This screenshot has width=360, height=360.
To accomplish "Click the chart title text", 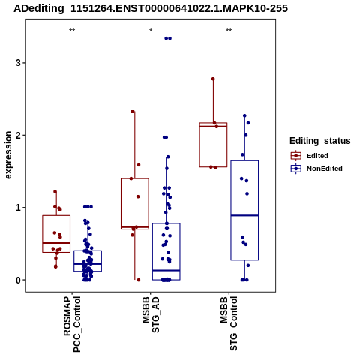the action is [151, 8].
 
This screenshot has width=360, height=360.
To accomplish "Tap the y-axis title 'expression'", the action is [8, 155].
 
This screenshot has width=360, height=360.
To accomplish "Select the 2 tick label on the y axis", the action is [18, 135].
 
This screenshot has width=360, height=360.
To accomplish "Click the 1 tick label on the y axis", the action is [18, 208].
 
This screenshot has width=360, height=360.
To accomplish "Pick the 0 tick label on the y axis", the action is [18, 280].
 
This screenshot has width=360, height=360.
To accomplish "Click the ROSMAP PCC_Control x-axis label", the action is [72, 324].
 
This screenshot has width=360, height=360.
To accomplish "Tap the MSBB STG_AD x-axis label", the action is [151, 315].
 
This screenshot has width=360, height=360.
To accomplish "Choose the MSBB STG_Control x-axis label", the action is [229, 323].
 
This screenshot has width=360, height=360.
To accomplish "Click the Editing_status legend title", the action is [320, 141].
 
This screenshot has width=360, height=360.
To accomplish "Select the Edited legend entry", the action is [310, 156].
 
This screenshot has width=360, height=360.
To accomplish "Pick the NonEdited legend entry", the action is [316, 169].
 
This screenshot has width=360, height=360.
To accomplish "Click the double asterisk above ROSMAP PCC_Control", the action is [72, 31].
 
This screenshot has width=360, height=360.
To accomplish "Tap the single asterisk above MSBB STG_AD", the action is [151, 31].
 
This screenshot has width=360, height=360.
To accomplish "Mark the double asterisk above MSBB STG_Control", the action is [229, 31].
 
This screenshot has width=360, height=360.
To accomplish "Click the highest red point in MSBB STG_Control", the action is [213, 79].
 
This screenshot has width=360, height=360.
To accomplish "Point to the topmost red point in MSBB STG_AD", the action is [133, 112].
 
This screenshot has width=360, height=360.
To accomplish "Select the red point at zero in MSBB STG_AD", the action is [139, 280].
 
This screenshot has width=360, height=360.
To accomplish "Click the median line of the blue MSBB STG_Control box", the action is [244, 215].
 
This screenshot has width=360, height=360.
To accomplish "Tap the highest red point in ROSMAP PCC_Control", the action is [55, 192].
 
